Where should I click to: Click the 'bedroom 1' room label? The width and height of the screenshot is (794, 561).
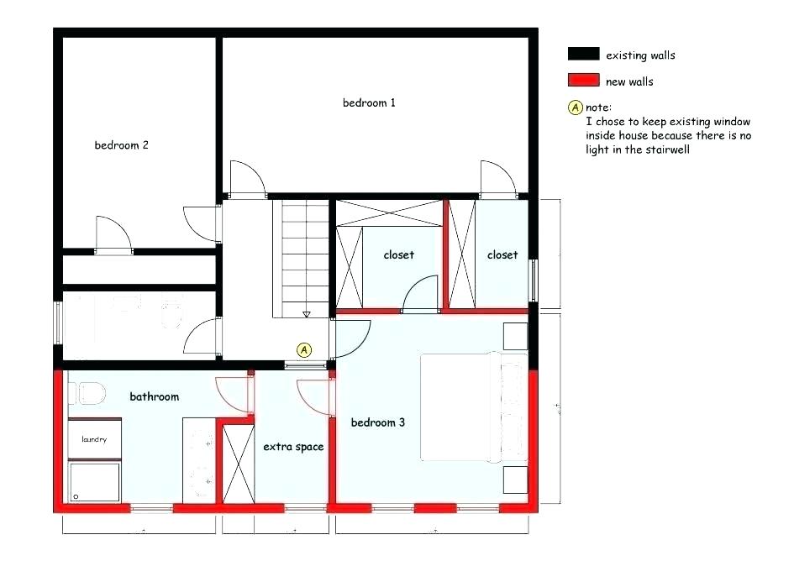(369, 103)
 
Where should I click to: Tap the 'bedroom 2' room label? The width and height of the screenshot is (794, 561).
(121, 145)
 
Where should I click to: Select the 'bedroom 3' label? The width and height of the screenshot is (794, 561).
(378, 422)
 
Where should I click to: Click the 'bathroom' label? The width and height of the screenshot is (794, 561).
(154, 396)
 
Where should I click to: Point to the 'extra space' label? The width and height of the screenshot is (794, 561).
(293, 447)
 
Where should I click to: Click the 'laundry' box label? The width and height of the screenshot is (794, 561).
(94, 439)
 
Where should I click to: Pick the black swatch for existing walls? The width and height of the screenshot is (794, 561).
(582, 55)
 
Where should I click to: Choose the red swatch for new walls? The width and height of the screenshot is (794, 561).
(582, 81)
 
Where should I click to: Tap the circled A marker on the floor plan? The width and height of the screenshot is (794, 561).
(304, 349)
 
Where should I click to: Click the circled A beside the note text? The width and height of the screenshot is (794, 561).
(576, 107)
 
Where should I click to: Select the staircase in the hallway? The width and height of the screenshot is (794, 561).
(303, 256)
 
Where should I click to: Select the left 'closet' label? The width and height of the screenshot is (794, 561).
(398, 254)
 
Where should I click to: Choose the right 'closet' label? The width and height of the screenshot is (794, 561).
(502, 254)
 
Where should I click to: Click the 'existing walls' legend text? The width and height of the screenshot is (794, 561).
(640, 55)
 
